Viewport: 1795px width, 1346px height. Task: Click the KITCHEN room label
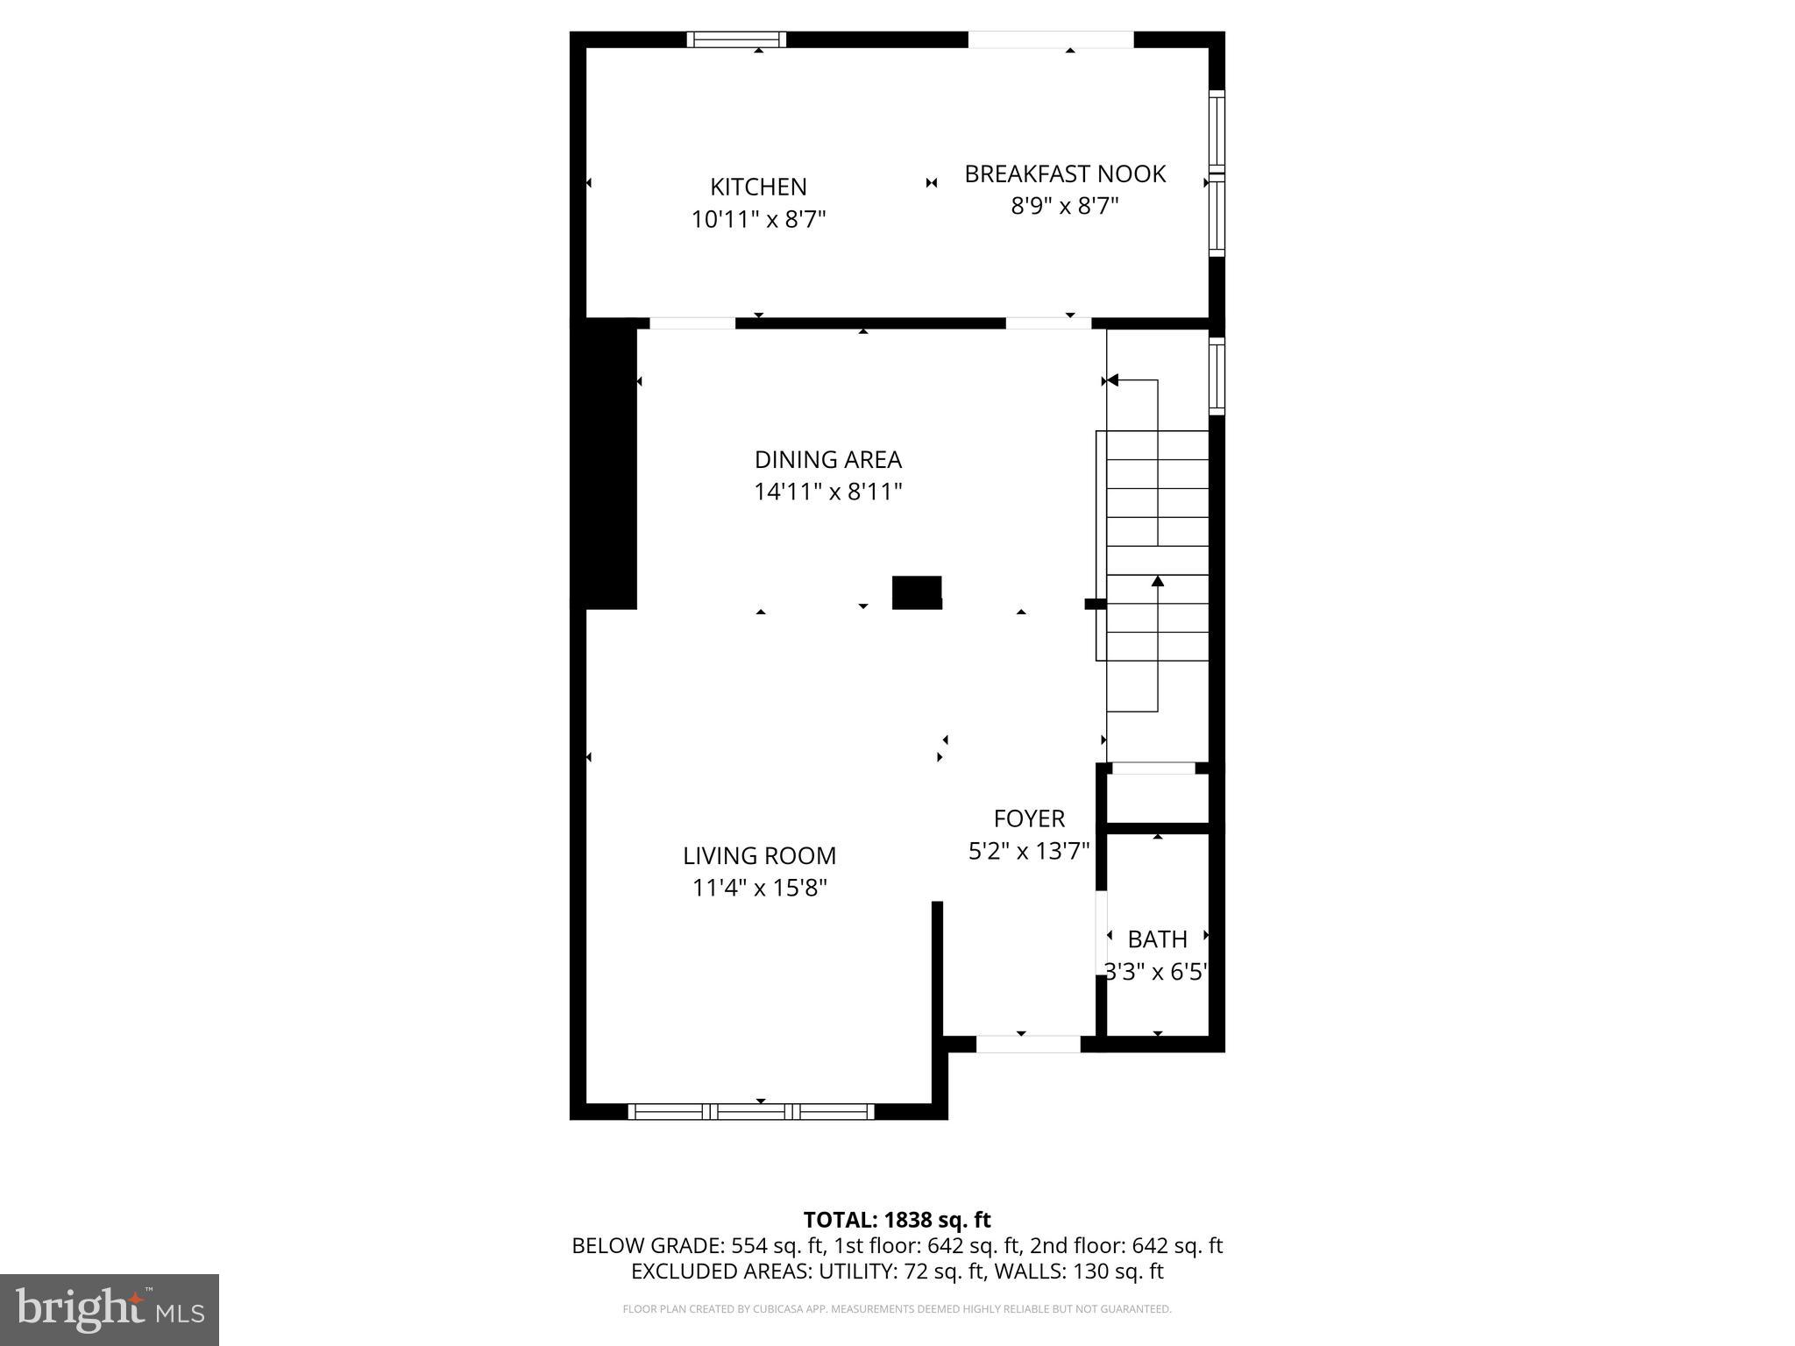[x=758, y=187]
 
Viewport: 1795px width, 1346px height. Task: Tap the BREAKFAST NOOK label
[x=1065, y=174]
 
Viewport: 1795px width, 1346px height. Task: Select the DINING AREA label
[x=827, y=459]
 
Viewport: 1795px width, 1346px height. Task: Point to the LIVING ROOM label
[x=759, y=855]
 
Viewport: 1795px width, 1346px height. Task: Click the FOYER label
[x=1029, y=818]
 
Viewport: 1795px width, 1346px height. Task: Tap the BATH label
[x=1157, y=939]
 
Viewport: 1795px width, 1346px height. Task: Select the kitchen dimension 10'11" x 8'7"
[x=758, y=219]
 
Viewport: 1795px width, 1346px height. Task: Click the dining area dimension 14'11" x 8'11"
[x=827, y=492]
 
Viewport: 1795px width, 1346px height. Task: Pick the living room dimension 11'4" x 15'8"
[x=759, y=888]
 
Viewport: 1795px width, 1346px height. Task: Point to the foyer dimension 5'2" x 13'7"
[x=1029, y=851]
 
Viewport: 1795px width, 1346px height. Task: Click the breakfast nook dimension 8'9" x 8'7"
[x=1065, y=207]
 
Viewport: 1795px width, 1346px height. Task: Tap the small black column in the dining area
[x=917, y=592]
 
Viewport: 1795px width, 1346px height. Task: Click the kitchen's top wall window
[x=736, y=39]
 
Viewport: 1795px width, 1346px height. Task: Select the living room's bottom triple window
[x=751, y=1111]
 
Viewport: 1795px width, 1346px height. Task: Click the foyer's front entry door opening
[x=1028, y=1044]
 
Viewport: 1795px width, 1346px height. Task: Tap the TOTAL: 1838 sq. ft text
[x=897, y=1220]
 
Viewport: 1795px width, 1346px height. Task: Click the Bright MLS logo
[x=110, y=1309]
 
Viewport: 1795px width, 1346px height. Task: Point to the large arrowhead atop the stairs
[x=1112, y=380]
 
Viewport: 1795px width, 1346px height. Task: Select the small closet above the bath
[x=1157, y=797]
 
